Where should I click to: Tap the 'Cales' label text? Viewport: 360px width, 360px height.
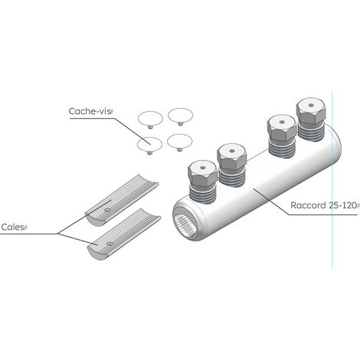click(x=12, y=227)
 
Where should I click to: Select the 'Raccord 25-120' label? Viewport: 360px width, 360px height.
click(x=323, y=205)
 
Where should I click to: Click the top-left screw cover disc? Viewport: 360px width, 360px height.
click(x=150, y=119)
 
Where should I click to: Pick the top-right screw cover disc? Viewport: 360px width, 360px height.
click(x=180, y=116)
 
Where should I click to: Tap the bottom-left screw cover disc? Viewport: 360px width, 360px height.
click(x=149, y=145)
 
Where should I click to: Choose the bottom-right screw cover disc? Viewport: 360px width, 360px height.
click(x=179, y=141)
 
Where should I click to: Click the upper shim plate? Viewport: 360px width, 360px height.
click(x=122, y=201)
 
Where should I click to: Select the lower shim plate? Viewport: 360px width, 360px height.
click(x=124, y=234)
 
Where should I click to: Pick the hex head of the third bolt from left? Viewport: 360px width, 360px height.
click(x=282, y=127)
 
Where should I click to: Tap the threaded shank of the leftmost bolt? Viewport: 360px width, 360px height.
click(x=202, y=194)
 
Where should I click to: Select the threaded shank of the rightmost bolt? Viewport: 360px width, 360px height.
click(x=312, y=132)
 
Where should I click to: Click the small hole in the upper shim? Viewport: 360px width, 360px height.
click(x=107, y=210)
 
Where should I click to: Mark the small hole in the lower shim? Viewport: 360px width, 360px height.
click(x=110, y=244)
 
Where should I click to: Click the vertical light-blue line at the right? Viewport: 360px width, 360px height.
click(x=332, y=180)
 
